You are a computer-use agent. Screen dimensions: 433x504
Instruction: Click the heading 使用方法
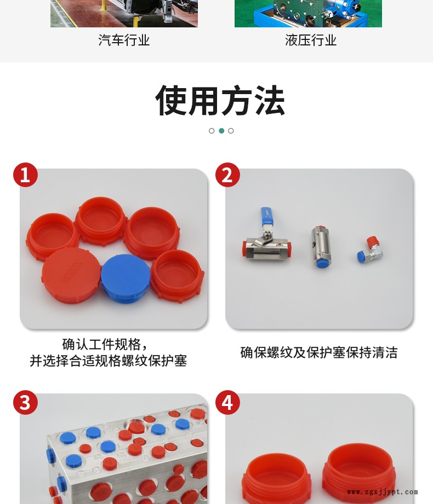pos(220,101)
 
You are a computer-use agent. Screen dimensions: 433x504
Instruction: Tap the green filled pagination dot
pos(221,131)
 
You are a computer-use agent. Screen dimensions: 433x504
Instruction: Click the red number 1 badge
pos(25,175)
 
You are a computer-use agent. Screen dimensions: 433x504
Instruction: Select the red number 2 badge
pos(227,175)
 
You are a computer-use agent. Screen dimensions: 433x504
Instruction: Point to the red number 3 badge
pos(25,402)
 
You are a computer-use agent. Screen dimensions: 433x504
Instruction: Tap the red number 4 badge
pos(227,402)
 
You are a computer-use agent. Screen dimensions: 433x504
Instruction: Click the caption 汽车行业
pos(124,40)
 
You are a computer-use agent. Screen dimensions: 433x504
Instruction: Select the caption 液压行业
pos(310,40)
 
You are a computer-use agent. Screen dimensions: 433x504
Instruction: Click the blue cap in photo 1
pos(126,279)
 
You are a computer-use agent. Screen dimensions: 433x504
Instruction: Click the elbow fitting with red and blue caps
pos(370,250)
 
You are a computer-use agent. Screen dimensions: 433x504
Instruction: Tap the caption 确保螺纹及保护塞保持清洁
pos(318,352)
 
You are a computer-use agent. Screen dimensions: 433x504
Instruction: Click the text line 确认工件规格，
pos(105,344)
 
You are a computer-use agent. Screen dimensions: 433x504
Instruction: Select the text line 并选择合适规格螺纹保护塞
pos(108,361)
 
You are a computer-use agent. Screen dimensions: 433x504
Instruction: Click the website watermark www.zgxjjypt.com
pos(383,492)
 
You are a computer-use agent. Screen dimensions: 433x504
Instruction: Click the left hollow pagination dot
pos(212,131)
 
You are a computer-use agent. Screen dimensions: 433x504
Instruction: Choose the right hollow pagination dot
pos(231,131)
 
